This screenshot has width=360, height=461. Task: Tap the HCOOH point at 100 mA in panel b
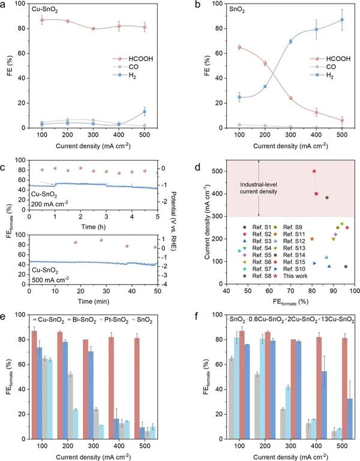(x=222, y=47)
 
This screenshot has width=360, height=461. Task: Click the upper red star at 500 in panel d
(x=314, y=171)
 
